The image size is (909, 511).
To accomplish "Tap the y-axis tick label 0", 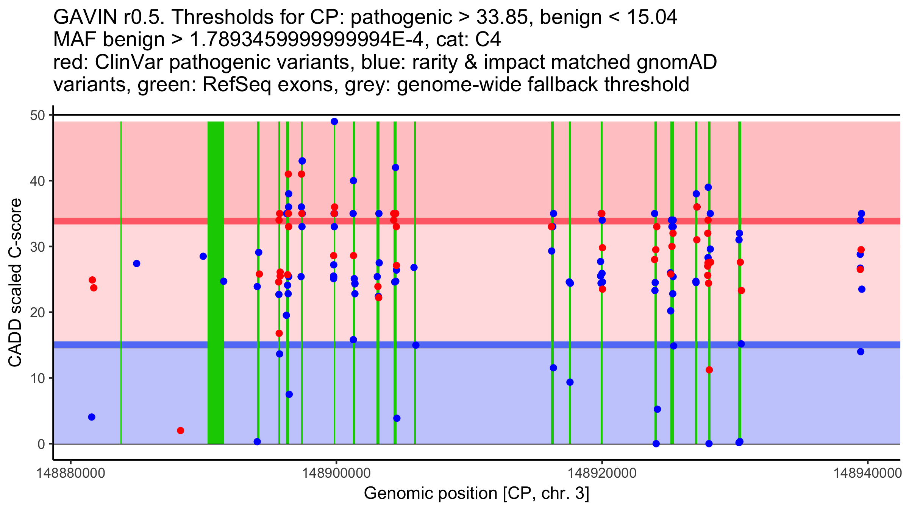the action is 41,444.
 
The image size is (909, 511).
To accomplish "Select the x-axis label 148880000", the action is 70,473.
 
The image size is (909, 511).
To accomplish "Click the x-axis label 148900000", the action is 336,473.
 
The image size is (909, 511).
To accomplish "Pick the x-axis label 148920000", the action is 602,473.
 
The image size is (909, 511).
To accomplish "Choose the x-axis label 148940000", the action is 868,473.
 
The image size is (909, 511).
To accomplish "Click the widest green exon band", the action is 216,282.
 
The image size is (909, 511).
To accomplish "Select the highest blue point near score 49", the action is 334,122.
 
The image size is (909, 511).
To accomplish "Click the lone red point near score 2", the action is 181,430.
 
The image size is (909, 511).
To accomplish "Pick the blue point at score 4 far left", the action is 92,417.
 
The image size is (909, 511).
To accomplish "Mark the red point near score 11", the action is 709,370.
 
